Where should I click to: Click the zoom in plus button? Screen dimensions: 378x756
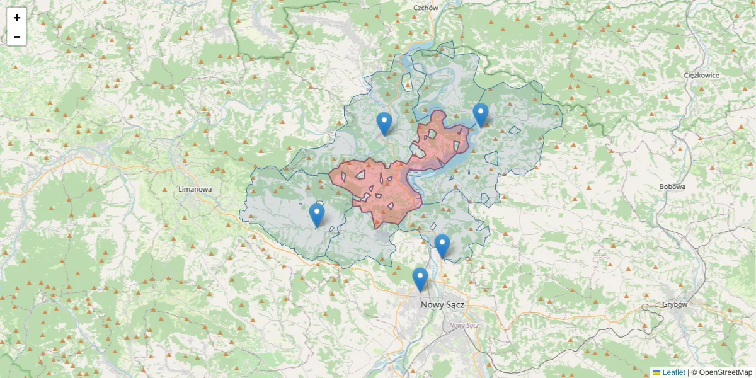pos(17,18)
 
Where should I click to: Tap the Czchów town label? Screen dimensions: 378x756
pos(425,8)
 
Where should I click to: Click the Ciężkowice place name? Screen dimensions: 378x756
pos(701,75)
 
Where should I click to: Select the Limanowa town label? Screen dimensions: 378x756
pos(195,188)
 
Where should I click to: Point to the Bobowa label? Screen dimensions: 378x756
pos(672,186)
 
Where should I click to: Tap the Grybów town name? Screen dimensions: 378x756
pos(675,304)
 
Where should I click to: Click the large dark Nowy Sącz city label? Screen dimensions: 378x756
pos(442,304)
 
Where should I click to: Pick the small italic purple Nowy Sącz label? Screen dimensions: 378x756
pos(464,325)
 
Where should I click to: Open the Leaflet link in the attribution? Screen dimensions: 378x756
pos(673,372)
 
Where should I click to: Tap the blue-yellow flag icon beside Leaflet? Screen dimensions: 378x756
pos(656,372)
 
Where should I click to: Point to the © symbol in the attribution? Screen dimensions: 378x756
pos(694,372)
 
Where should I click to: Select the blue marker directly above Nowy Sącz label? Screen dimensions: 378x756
pos(420,279)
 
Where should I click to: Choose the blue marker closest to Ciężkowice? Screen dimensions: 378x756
pos(481,115)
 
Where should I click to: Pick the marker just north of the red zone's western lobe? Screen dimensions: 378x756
pos(384,123)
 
